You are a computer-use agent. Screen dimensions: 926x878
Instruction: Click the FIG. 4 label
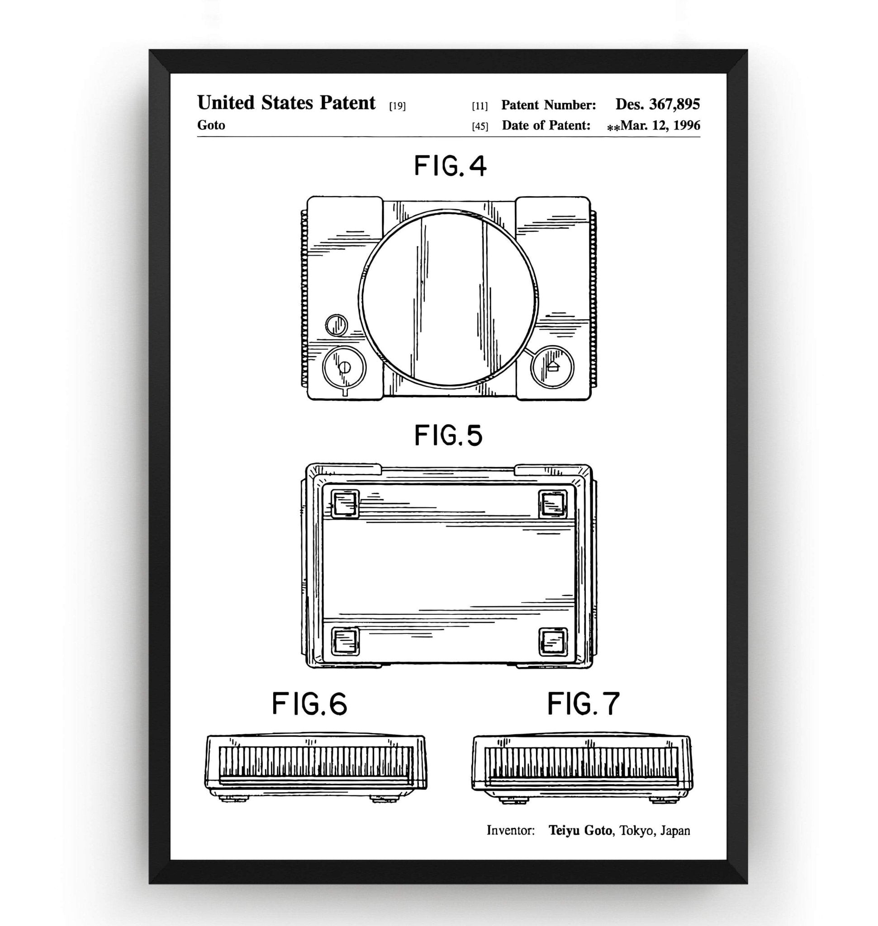(x=450, y=166)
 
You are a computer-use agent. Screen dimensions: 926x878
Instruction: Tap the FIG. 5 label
(x=448, y=435)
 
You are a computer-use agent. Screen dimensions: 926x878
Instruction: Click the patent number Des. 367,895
(x=657, y=104)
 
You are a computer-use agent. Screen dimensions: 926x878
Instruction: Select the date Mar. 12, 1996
(x=660, y=125)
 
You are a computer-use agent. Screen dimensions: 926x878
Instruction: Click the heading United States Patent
(x=286, y=103)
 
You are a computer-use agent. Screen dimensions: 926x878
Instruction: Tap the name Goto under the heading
(x=211, y=125)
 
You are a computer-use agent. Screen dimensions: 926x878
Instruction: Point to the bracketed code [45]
(x=480, y=126)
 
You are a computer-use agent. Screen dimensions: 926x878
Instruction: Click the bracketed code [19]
(x=397, y=106)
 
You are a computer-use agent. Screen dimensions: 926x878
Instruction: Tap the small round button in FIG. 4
(x=336, y=325)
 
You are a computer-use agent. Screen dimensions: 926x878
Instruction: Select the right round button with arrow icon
(x=552, y=367)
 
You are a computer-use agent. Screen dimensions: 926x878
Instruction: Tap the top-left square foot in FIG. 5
(x=345, y=504)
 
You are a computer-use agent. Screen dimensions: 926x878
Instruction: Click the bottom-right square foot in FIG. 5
(x=553, y=642)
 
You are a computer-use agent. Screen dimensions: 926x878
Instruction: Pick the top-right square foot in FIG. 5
(x=553, y=504)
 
